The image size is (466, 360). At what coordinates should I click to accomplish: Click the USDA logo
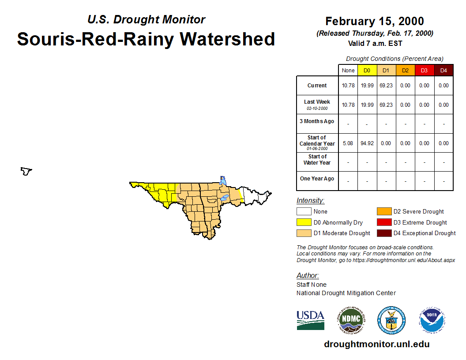310,320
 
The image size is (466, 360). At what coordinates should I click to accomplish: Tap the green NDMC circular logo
351,320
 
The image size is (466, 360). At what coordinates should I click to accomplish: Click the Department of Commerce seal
391,320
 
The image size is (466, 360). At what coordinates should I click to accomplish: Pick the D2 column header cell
406,71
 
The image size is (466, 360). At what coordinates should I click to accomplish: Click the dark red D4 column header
443,71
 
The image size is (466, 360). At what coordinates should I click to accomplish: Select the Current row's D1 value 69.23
386,86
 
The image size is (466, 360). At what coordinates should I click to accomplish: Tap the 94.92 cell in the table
367,143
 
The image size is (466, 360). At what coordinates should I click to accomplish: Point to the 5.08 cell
348,143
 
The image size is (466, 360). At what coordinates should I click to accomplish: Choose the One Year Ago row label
317,179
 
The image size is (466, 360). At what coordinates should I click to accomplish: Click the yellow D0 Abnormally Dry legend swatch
304,222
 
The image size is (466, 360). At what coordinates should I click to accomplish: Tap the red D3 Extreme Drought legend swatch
384,222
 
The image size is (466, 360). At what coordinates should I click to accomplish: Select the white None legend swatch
304,211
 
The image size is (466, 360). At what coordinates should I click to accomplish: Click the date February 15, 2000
375,21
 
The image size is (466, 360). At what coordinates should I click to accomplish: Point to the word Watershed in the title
227,39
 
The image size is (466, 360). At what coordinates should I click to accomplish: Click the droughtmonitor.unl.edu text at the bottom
376,344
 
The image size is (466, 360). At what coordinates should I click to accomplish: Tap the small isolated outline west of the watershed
26,171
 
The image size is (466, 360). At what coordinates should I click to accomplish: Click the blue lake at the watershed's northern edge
222,180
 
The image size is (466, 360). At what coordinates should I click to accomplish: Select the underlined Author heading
308,275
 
